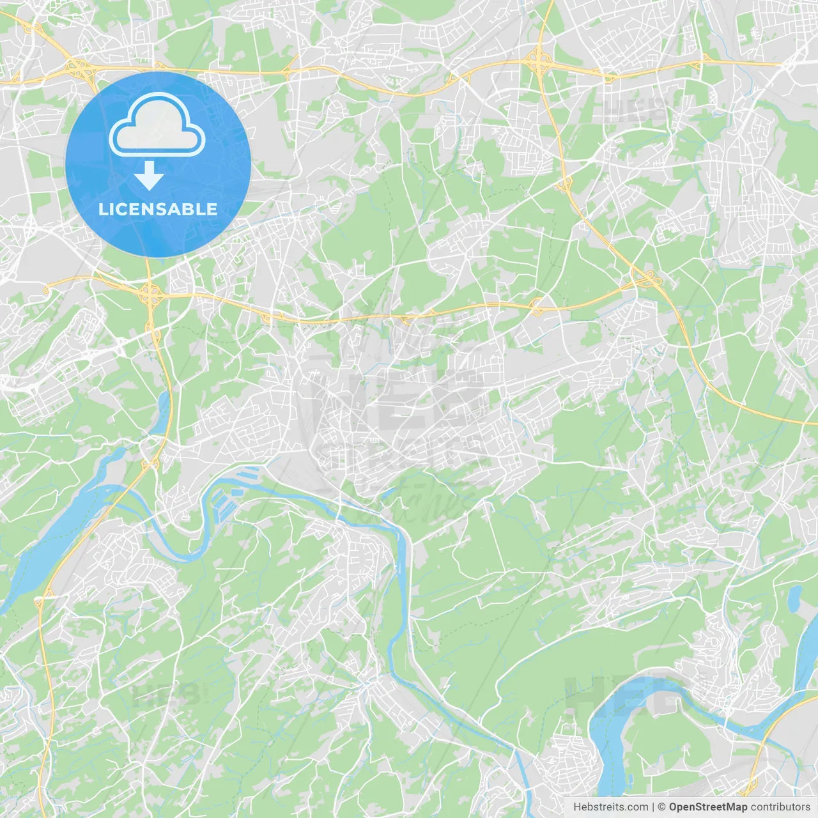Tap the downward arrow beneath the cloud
149,175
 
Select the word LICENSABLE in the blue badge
158,209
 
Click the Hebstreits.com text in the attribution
610,807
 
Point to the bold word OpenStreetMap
707,807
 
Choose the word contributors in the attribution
780,807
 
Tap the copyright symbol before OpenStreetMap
662,807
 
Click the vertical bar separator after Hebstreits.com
653,807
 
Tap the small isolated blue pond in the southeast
794,598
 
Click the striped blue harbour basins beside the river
233,492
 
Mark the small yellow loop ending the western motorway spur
46,289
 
